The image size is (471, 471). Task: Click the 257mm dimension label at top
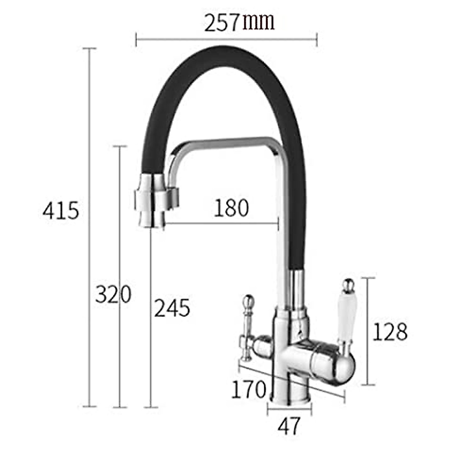click(x=239, y=23)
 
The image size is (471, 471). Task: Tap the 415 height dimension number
click(x=61, y=211)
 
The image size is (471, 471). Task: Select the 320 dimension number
click(x=113, y=294)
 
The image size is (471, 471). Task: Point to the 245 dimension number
click(x=172, y=308)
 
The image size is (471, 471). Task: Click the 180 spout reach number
click(x=231, y=208)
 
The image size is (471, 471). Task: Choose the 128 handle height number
click(x=389, y=332)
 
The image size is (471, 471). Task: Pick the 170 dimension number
click(x=248, y=389)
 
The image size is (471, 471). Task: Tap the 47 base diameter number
click(x=289, y=426)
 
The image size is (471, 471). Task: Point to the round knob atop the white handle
click(x=347, y=285)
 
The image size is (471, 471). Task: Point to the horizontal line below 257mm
click(x=226, y=39)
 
